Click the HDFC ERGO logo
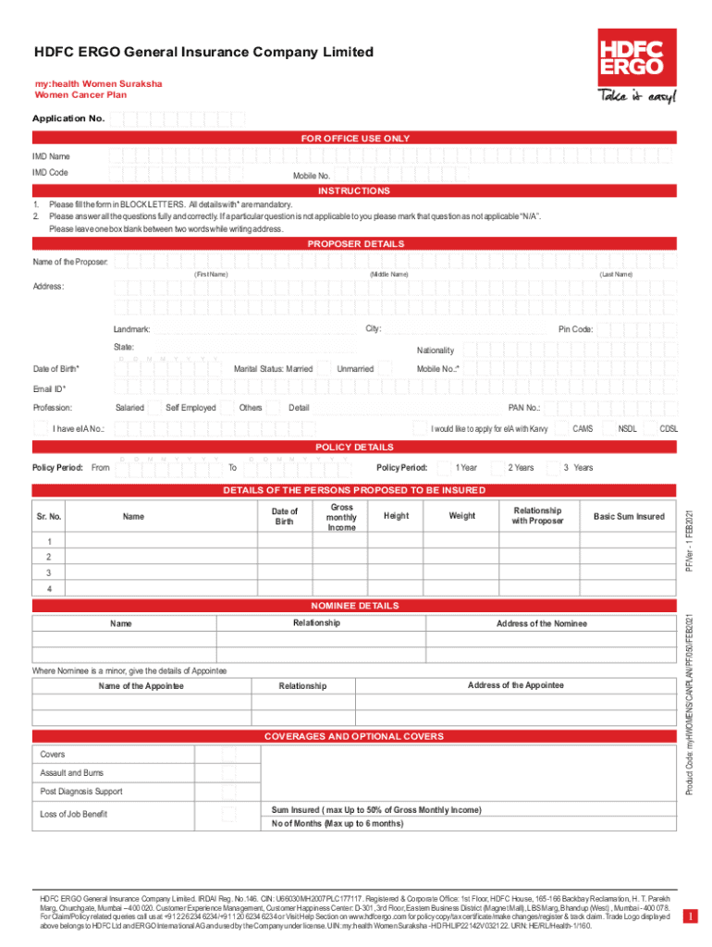(x=634, y=55)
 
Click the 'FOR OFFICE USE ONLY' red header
(x=355, y=139)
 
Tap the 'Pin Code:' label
(x=575, y=330)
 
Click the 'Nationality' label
(x=436, y=351)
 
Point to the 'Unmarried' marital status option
(x=355, y=369)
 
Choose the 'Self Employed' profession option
(x=190, y=408)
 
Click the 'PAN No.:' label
(x=524, y=408)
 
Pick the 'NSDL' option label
(x=628, y=429)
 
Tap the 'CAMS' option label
(x=583, y=429)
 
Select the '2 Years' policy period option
(x=521, y=468)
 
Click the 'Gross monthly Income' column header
(x=341, y=518)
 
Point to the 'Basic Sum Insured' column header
(x=629, y=516)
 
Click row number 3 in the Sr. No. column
(x=50, y=573)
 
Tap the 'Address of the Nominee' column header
(x=541, y=623)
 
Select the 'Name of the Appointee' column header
(x=141, y=686)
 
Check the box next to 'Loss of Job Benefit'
(x=229, y=815)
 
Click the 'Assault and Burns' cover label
(x=72, y=773)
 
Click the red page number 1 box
(x=689, y=916)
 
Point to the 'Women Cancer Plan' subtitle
(x=80, y=95)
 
